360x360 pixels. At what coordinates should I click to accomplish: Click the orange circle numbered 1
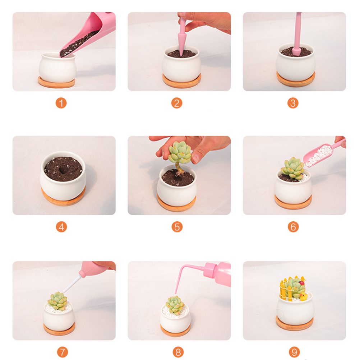point(61,103)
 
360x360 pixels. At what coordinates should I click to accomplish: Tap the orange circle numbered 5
point(177,227)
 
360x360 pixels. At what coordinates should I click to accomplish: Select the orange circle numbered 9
point(294,352)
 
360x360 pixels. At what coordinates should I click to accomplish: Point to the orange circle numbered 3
point(293,103)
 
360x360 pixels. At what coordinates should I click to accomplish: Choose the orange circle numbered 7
point(63,352)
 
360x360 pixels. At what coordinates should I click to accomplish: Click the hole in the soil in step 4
point(63,170)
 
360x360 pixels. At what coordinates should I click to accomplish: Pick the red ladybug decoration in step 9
point(301,283)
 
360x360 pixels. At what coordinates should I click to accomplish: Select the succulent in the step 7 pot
point(57,301)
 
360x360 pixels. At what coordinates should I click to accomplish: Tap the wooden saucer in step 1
point(57,83)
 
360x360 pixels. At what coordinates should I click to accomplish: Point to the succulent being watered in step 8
point(175,305)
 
